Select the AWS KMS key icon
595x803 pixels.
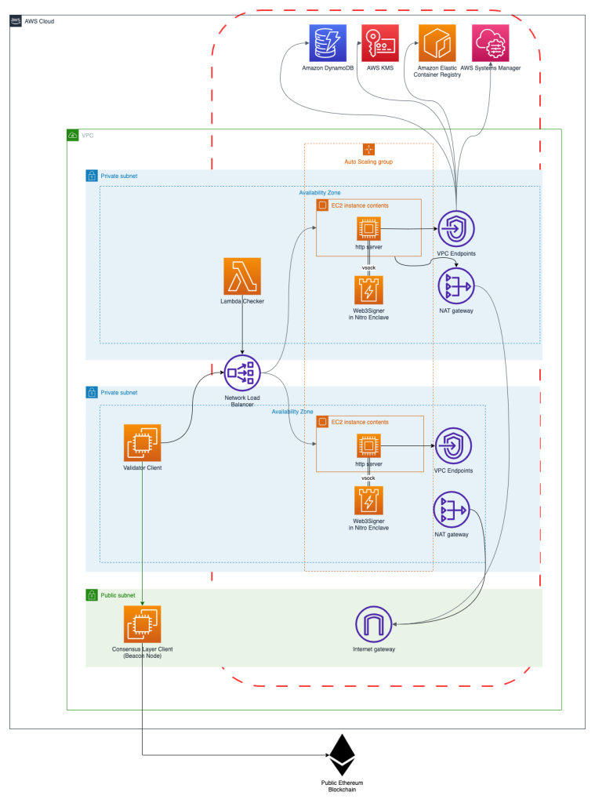(379, 42)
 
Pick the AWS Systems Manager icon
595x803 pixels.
(491, 42)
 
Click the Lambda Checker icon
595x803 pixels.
(242, 276)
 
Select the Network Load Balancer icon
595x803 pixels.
(242, 372)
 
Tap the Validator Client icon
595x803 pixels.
(142, 443)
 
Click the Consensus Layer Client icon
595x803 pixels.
(142, 624)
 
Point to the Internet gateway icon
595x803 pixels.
(373, 624)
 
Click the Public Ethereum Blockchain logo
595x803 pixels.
(341, 755)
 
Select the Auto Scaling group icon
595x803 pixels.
(368, 149)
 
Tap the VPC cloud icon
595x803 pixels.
(74, 135)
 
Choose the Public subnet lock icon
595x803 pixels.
(91, 596)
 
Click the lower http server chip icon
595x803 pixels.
(368, 447)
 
